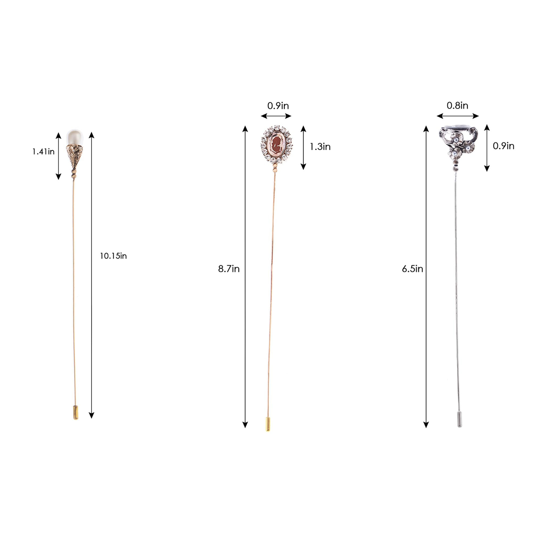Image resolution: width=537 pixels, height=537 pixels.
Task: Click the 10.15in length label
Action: (x=113, y=256)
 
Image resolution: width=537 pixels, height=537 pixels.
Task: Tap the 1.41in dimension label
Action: (x=43, y=152)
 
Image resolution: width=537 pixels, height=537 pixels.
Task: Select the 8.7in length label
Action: (x=228, y=269)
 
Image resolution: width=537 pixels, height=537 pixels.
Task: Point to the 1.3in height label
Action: (x=320, y=147)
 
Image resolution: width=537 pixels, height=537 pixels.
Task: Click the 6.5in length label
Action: (x=412, y=269)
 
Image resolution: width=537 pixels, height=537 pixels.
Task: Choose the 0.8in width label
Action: (x=458, y=106)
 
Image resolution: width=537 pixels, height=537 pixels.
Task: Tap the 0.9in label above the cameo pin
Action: (x=278, y=106)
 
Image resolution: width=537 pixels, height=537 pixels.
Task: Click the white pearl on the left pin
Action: (x=75, y=137)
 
